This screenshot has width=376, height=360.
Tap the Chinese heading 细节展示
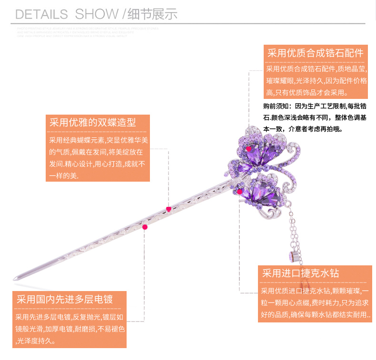coord(152,14)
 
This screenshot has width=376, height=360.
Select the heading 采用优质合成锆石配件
coord(315,52)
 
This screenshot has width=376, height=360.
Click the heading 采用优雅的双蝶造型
coord(93,122)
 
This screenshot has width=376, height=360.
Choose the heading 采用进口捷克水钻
coord(301,273)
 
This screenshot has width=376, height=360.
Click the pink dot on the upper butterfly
coord(248,149)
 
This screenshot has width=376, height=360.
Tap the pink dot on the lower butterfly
coord(240,192)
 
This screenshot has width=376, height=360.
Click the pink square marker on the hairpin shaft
coord(168,209)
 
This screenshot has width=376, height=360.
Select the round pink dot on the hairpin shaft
coord(145,227)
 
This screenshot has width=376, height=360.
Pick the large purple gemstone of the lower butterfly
coord(259,193)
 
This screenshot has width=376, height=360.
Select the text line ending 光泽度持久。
coord(36,341)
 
